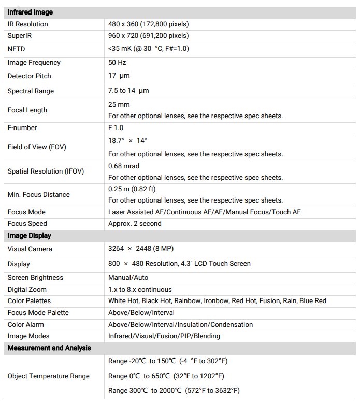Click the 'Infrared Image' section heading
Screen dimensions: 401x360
(x=30, y=12)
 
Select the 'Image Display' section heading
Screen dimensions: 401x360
(x=29, y=236)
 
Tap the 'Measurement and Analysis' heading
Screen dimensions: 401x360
(x=49, y=348)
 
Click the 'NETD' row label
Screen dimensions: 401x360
(x=17, y=49)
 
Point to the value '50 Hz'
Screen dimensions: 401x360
(x=117, y=63)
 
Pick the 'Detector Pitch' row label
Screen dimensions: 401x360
(x=30, y=76)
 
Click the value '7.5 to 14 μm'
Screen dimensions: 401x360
(x=128, y=91)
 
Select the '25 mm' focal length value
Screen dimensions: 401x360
(x=119, y=104)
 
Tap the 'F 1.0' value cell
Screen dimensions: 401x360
(x=116, y=128)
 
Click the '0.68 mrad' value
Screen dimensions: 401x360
(x=124, y=166)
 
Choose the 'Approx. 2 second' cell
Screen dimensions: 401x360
(x=135, y=224)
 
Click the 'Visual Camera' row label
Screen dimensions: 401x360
(x=30, y=249)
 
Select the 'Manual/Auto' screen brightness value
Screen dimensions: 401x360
(x=128, y=278)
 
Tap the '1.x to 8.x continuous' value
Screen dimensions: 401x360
(x=140, y=290)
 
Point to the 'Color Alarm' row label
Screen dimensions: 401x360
(x=26, y=325)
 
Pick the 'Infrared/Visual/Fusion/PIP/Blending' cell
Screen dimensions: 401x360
(x=164, y=336)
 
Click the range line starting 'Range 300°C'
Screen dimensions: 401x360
(x=174, y=391)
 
